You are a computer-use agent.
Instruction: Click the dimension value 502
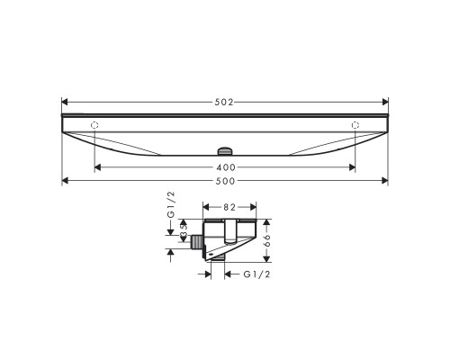point(225,102)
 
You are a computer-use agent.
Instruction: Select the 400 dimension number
point(225,168)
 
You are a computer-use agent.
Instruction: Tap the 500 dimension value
point(225,181)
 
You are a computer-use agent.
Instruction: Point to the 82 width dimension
point(230,206)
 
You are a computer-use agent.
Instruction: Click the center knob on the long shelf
point(225,150)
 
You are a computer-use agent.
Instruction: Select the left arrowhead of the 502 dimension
point(65,102)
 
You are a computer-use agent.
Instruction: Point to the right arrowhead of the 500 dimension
point(385,181)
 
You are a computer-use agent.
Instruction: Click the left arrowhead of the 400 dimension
point(97,168)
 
